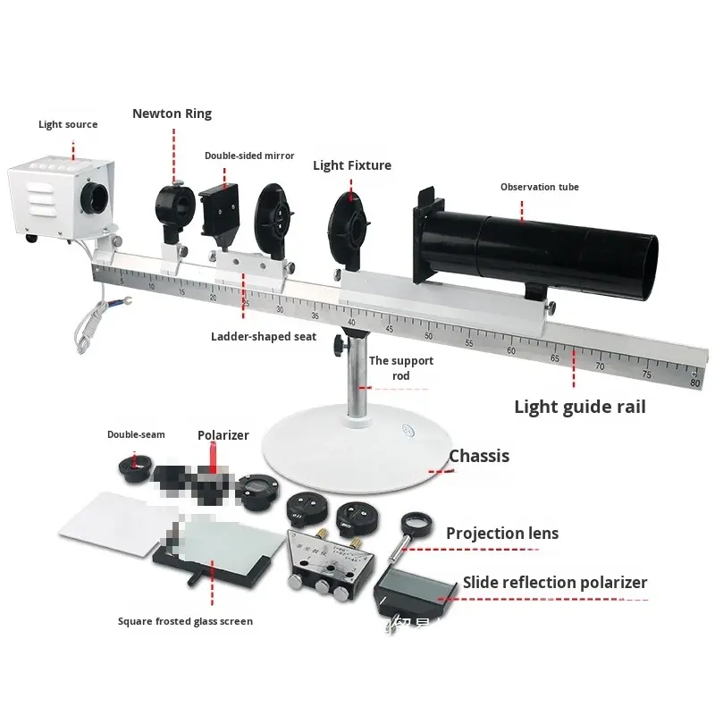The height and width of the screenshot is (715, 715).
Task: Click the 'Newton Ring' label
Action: tap(172, 114)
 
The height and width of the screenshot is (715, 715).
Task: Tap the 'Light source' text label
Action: tap(68, 124)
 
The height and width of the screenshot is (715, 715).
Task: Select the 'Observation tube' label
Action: tap(539, 187)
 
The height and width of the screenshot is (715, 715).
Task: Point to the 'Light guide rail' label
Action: tap(579, 407)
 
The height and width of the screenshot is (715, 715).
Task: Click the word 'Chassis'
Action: tap(479, 456)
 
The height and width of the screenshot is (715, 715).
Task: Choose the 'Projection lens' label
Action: tap(502, 534)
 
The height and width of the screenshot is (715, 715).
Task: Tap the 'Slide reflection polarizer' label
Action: tap(554, 583)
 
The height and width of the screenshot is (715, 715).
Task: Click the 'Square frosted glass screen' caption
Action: tap(185, 621)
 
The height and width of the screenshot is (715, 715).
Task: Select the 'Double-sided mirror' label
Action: tap(249, 156)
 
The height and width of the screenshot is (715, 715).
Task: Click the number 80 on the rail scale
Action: tap(695, 383)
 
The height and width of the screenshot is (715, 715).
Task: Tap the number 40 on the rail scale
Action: tap(351, 323)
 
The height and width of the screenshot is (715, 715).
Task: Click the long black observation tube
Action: tap(554, 246)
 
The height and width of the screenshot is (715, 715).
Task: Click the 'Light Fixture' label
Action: tap(352, 165)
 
